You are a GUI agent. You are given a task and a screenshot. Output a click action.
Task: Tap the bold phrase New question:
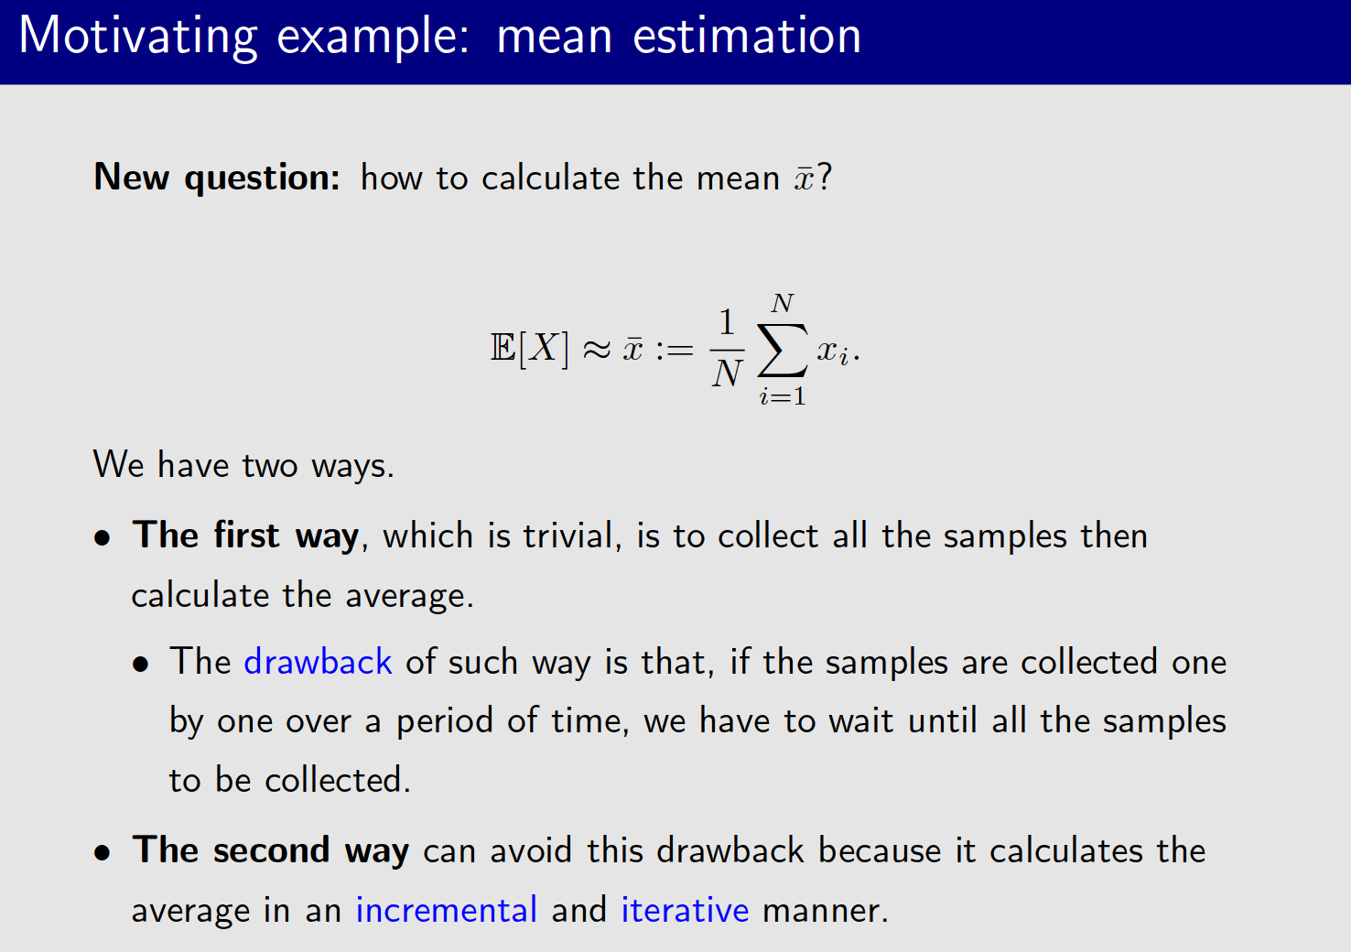pos(217,177)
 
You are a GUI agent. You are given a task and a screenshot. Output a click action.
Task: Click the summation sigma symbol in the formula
pos(783,350)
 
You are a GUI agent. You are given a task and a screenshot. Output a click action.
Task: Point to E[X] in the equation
pos(529,349)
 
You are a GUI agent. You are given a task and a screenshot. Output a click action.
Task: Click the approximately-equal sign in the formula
pos(597,349)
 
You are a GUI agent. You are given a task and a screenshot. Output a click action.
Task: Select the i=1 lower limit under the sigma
pos(783,396)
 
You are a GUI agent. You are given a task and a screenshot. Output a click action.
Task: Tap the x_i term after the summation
pos(833,352)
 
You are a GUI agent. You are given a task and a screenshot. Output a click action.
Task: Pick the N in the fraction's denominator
pos(727,373)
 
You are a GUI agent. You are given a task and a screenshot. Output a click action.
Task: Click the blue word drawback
pos(318,662)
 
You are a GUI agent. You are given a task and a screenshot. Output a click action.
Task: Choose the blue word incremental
pos(446,910)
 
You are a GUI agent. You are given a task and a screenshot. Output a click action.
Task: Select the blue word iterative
pos(685,910)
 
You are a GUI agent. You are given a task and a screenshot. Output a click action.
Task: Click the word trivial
pos(571,535)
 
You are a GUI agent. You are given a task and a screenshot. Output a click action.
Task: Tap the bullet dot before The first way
pos(103,537)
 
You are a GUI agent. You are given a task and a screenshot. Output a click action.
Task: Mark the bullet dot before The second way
pos(103,853)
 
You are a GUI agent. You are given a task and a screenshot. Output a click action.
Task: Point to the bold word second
pos(271,850)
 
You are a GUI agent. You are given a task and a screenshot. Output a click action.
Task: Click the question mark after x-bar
pos(825,176)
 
